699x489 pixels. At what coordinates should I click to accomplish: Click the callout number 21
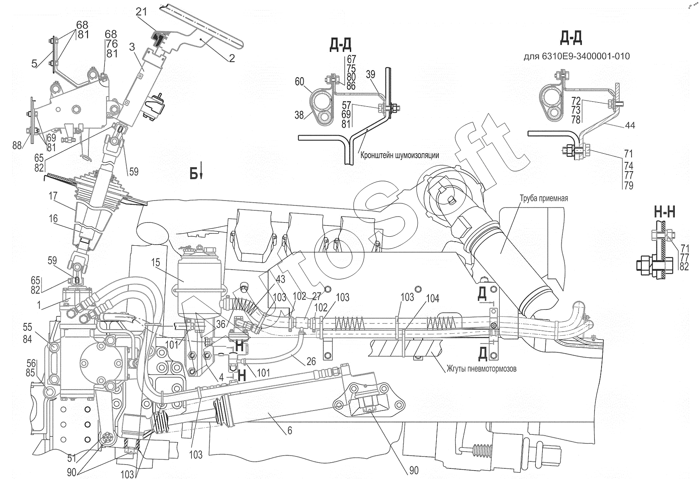click(141, 13)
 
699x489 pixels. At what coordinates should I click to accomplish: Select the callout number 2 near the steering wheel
click(232, 59)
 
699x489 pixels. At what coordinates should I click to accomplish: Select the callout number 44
click(629, 125)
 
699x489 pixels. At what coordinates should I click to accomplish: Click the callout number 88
click(17, 145)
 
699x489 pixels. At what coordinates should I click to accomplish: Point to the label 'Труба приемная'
click(544, 198)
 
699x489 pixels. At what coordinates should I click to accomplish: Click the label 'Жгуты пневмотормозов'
click(481, 369)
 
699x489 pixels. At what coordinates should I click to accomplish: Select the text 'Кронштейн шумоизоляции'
click(400, 155)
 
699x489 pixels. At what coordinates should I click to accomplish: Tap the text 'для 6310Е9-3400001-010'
click(576, 56)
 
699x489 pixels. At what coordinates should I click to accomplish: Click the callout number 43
click(280, 279)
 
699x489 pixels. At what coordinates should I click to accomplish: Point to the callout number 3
click(132, 47)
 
